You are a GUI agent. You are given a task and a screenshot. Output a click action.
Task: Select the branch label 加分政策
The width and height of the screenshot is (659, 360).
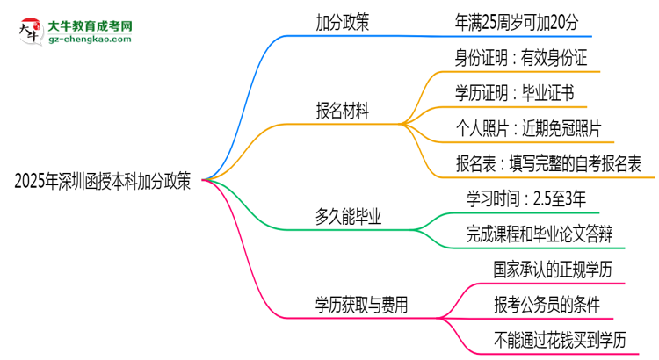click(x=343, y=24)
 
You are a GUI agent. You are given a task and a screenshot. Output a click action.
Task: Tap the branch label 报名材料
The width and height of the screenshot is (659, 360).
click(x=343, y=112)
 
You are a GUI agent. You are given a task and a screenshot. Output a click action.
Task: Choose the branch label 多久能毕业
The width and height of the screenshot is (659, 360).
click(x=351, y=217)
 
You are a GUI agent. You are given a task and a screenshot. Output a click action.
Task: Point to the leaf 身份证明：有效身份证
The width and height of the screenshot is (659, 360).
click(x=521, y=59)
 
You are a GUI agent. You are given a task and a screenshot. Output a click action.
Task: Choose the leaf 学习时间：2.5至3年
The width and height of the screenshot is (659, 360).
click(x=521, y=199)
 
